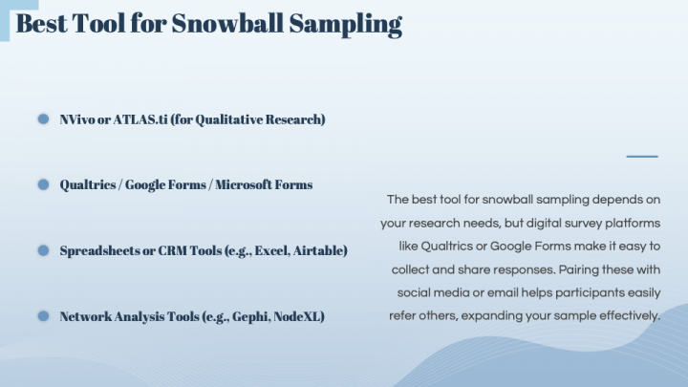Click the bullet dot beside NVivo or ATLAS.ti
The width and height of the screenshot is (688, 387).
tap(43, 119)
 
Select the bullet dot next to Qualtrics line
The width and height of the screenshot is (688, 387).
tap(43, 184)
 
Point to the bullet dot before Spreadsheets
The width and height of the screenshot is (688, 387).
tap(43, 250)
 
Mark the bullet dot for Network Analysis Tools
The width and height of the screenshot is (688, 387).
tap(43, 315)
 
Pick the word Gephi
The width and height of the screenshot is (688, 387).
tap(244, 315)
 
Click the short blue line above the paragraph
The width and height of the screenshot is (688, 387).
tap(642, 156)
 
